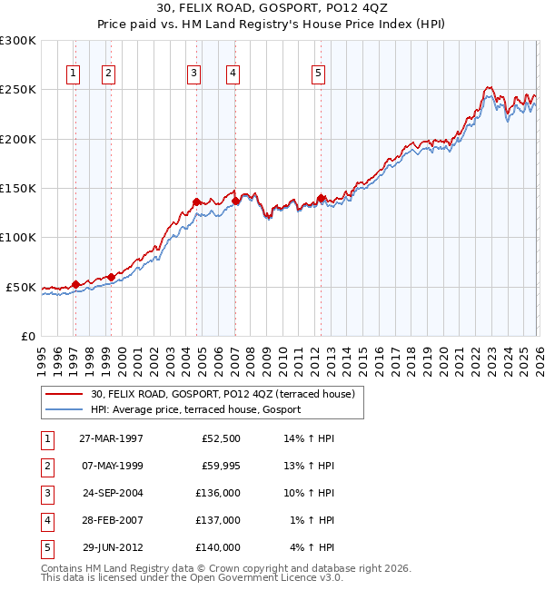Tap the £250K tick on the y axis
coord(18,90)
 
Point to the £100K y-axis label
coord(18,237)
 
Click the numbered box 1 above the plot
coord(73,74)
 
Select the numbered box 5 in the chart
coord(319,74)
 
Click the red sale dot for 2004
coord(196,202)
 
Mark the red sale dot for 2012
coord(321,198)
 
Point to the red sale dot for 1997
coord(76,284)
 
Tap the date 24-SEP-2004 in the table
coord(112,493)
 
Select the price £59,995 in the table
coord(217,466)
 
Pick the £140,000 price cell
coord(217,547)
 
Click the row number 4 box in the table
coord(45,520)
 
